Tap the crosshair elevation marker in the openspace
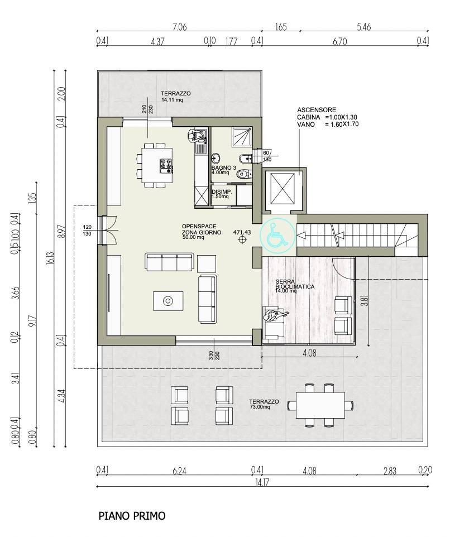pyautogui.click(x=242, y=240)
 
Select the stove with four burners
pyautogui.click(x=166, y=165)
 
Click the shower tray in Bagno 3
pyautogui.click(x=242, y=134)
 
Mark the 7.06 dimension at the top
pyautogui.click(x=179, y=26)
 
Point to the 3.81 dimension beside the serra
pyautogui.click(x=364, y=301)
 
